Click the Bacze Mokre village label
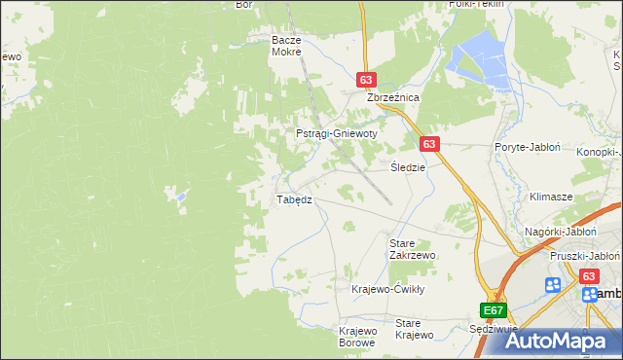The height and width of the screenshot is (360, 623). coord(287,46)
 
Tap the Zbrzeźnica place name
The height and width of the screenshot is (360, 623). coord(391,98)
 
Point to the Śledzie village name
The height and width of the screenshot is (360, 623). coord(408,167)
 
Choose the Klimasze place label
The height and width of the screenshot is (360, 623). coord(550,196)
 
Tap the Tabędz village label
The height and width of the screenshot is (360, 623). coord(294,199)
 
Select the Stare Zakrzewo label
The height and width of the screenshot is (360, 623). coord(412,248)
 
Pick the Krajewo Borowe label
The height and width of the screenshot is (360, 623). coord(358,337)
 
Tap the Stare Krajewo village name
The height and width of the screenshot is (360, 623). coord(414,329)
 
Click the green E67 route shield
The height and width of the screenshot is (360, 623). coord(494,310)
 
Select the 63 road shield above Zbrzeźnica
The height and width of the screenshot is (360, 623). coord(366,81)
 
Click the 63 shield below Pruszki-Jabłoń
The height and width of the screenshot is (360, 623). coord(589,276)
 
